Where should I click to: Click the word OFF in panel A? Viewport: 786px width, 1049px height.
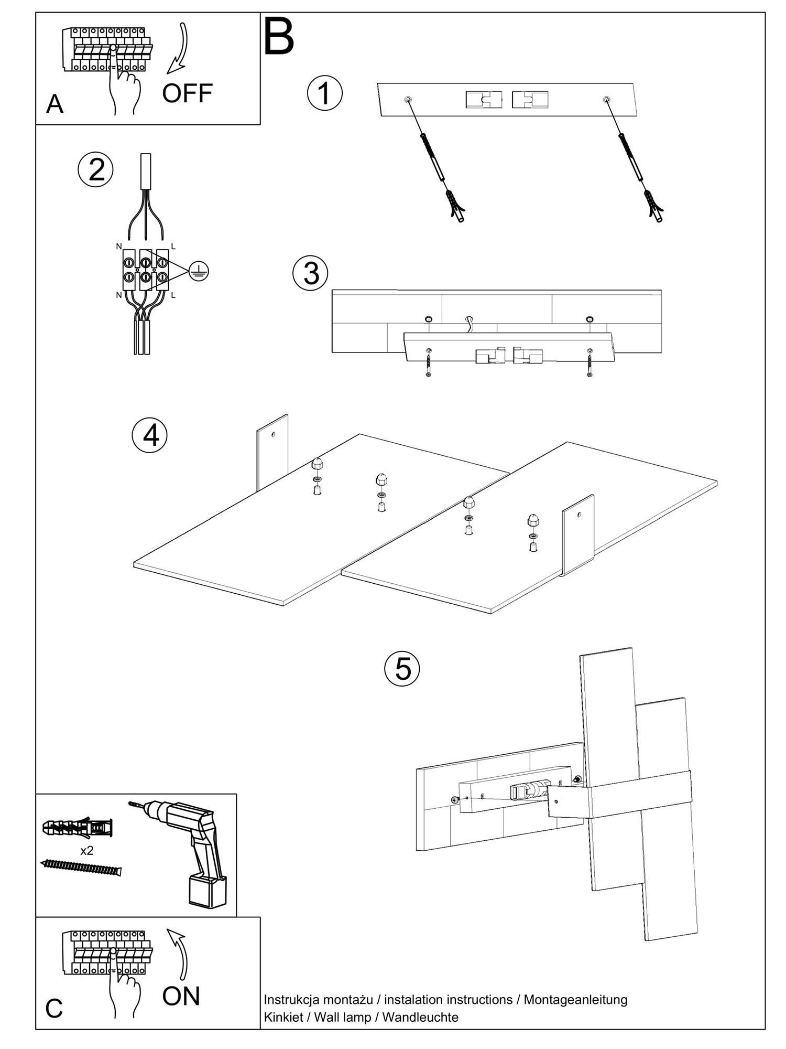pyautogui.click(x=187, y=93)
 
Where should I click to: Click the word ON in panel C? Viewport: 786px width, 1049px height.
pyautogui.click(x=181, y=996)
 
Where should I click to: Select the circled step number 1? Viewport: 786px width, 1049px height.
pyautogui.click(x=324, y=93)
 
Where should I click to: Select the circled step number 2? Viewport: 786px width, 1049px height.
pyautogui.click(x=95, y=169)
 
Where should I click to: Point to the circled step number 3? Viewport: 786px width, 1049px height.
pyautogui.click(x=311, y=273)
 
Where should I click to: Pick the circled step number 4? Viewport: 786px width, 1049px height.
pyautogui.click(x=150, y=435)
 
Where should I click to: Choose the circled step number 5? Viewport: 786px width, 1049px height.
pyautogui.click(x=402, y=668)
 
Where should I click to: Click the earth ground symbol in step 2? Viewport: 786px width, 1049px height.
pyautogui.click(x=199, y=271)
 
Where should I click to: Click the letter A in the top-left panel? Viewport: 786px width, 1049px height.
pyautogui.click(x=54, y=104)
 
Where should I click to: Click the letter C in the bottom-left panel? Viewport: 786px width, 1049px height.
pyautogui.click(x=54, y=1008)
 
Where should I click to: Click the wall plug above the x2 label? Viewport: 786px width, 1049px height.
pyautogui.click(x=77, y=828)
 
